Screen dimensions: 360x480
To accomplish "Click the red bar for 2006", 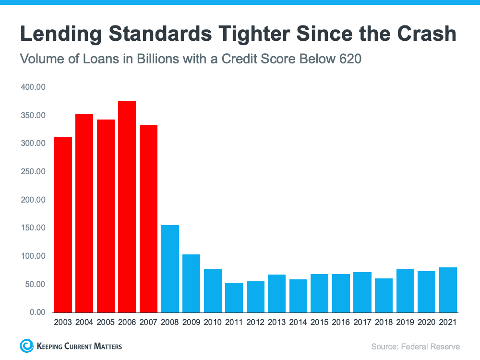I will tap(127, 206).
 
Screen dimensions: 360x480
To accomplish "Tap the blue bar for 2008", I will tap(170, 269).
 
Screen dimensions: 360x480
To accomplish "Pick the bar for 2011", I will tap(234, 298).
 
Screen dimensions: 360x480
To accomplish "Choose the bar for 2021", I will tap(447, 290).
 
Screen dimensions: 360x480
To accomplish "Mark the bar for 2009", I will tap(191, 283).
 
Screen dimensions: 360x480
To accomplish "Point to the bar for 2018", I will tap(384, 295).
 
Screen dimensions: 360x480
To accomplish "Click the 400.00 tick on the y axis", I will tap(33, 87).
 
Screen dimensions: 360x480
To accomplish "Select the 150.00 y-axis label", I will tap(33, 228).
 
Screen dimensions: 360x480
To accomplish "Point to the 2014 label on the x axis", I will tap(298, 323).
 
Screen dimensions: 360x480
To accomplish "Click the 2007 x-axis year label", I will tap(149, 323).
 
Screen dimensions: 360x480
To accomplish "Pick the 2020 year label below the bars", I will tap(426, 323).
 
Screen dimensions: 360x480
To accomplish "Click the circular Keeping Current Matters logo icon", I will tap(26, 346).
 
